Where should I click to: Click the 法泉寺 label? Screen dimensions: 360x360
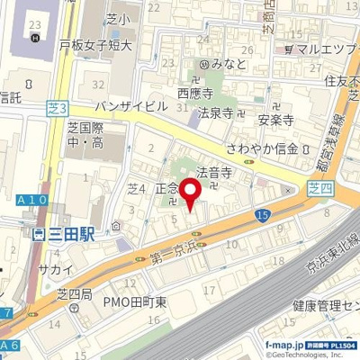tap(216, 113)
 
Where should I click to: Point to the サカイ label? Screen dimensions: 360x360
tap(50, 267)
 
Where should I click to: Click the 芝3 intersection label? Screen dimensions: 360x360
tap(56, 108)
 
